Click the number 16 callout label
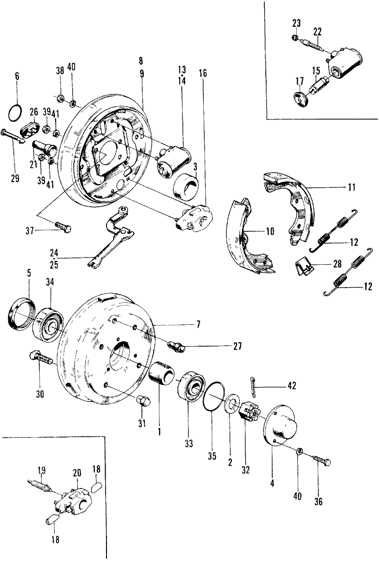[202, 74]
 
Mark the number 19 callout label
[42, 470]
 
